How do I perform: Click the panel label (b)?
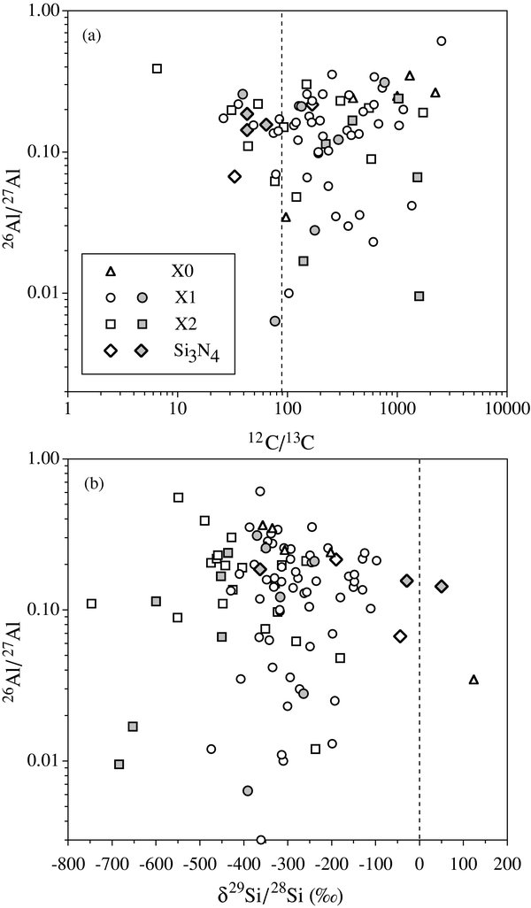[x=88, y=485]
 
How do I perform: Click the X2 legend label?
[x=184, y=324]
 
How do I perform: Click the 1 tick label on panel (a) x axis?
[x=68, y=410]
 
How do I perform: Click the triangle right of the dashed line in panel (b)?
[x=473, y=680]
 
